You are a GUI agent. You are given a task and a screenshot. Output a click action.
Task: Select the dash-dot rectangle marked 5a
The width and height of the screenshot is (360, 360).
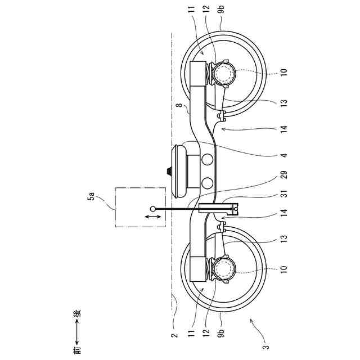[140, 206]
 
